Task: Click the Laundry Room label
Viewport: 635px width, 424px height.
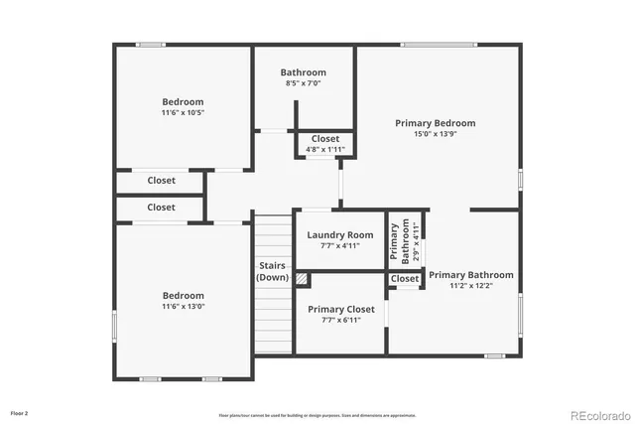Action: tap(340, 235)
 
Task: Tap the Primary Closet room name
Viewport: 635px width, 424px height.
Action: tap(340, 310)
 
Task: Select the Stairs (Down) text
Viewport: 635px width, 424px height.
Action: tap(273, 271)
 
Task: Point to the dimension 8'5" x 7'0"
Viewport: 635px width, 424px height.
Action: tap(303, 82)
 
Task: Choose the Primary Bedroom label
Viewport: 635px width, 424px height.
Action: tap(435, 123)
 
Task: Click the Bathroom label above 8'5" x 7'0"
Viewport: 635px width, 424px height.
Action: tap(303, 72)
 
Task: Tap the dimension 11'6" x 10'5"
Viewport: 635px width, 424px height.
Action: tap(183, 112)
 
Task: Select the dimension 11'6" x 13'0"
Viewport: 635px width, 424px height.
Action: tap(183, 307)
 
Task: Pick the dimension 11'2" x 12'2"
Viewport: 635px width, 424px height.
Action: tap(470, 286)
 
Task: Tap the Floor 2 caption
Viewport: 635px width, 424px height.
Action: tap(20, 412)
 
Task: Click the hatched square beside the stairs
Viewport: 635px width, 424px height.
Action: tap(302, 280)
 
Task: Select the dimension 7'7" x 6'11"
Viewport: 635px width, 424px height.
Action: tap(340, 321)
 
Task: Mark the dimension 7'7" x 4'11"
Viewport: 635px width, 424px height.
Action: tap(340, 245)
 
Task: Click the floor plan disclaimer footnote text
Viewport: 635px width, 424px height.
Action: tap(317, 415)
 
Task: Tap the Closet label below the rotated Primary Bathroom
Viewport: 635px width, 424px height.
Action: tap(405, 279)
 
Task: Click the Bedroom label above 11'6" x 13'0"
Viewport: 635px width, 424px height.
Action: tap(183, 296)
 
